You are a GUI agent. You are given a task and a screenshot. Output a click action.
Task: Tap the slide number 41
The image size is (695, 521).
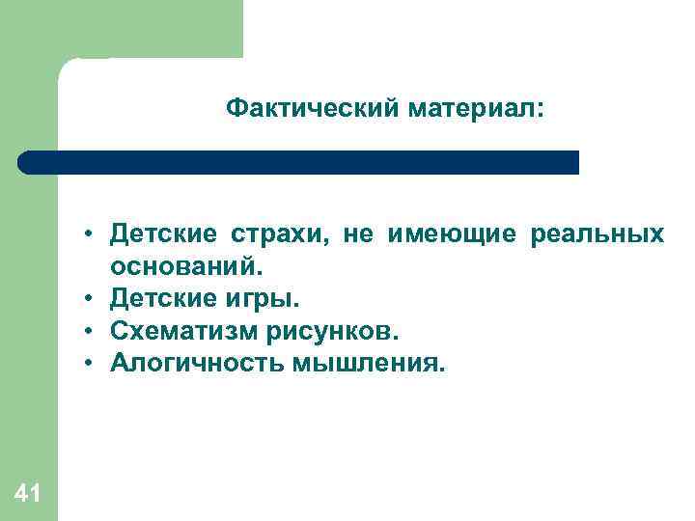pyautogui.click(x=28, y=494)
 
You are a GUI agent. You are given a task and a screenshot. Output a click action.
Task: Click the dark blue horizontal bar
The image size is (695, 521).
pyautogui.click(x=299, y=162)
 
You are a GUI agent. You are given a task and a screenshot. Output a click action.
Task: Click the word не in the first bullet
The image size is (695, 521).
pyautogui.click(x=358, y=234)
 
